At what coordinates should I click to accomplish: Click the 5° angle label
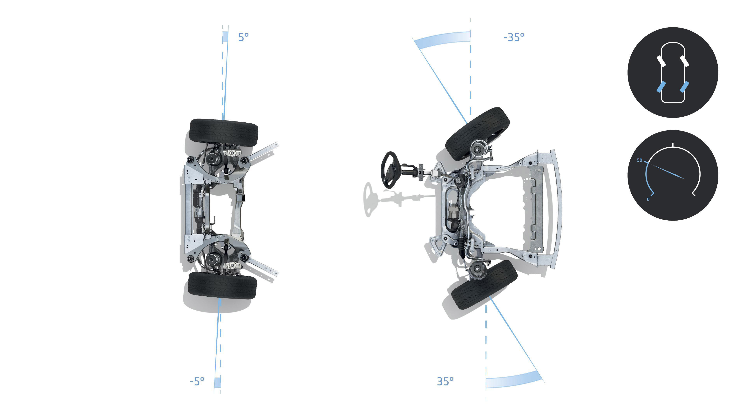click(243, 37)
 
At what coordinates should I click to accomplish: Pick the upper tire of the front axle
click(477, 134)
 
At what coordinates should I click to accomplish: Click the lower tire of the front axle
click(484, 285)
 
